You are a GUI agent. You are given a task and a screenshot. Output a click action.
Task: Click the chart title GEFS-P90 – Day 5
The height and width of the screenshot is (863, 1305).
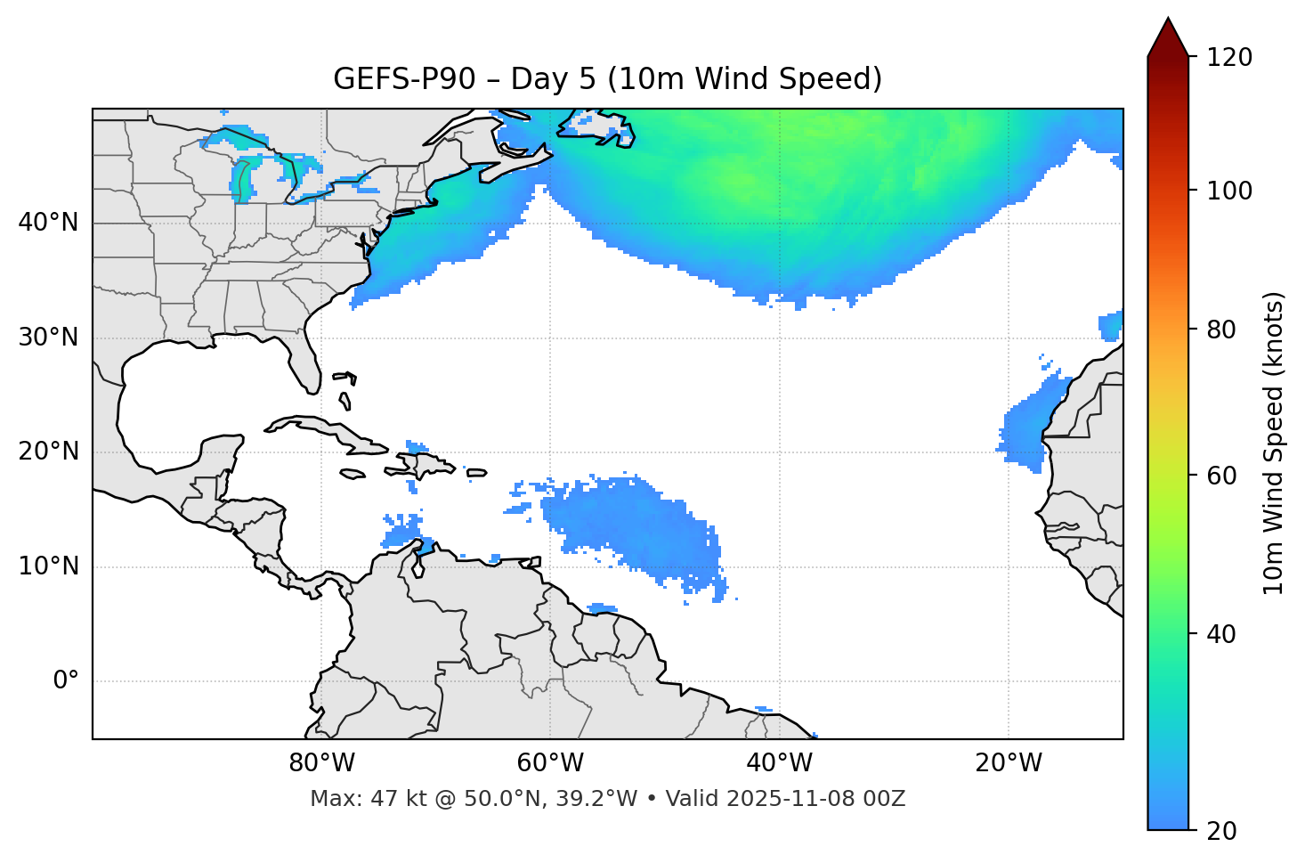coord(607,79)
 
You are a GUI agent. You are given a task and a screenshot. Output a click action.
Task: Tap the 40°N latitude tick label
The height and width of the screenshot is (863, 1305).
coord(48,223)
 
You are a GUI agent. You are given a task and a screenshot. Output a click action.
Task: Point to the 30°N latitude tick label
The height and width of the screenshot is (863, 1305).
coord(48,338)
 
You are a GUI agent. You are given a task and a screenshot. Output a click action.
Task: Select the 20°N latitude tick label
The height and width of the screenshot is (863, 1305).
coord(48,452)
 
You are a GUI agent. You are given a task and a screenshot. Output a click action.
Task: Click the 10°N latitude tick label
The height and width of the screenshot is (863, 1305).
coord(48,566)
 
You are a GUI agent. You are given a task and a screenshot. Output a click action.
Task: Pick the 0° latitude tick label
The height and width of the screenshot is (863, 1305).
coord(66,681)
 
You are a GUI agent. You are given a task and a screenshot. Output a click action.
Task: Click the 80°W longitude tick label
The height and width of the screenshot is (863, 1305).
coord(321,763)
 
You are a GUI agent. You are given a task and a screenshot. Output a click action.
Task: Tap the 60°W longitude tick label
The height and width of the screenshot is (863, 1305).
coord(550,763)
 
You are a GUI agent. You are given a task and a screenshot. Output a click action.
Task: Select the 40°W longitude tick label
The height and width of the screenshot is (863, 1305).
coord(780,763)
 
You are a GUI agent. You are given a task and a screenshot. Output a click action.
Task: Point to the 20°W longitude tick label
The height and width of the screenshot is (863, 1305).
coord(1009,763)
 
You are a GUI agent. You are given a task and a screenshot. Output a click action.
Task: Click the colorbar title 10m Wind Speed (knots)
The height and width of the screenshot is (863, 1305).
coord(1273,443)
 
